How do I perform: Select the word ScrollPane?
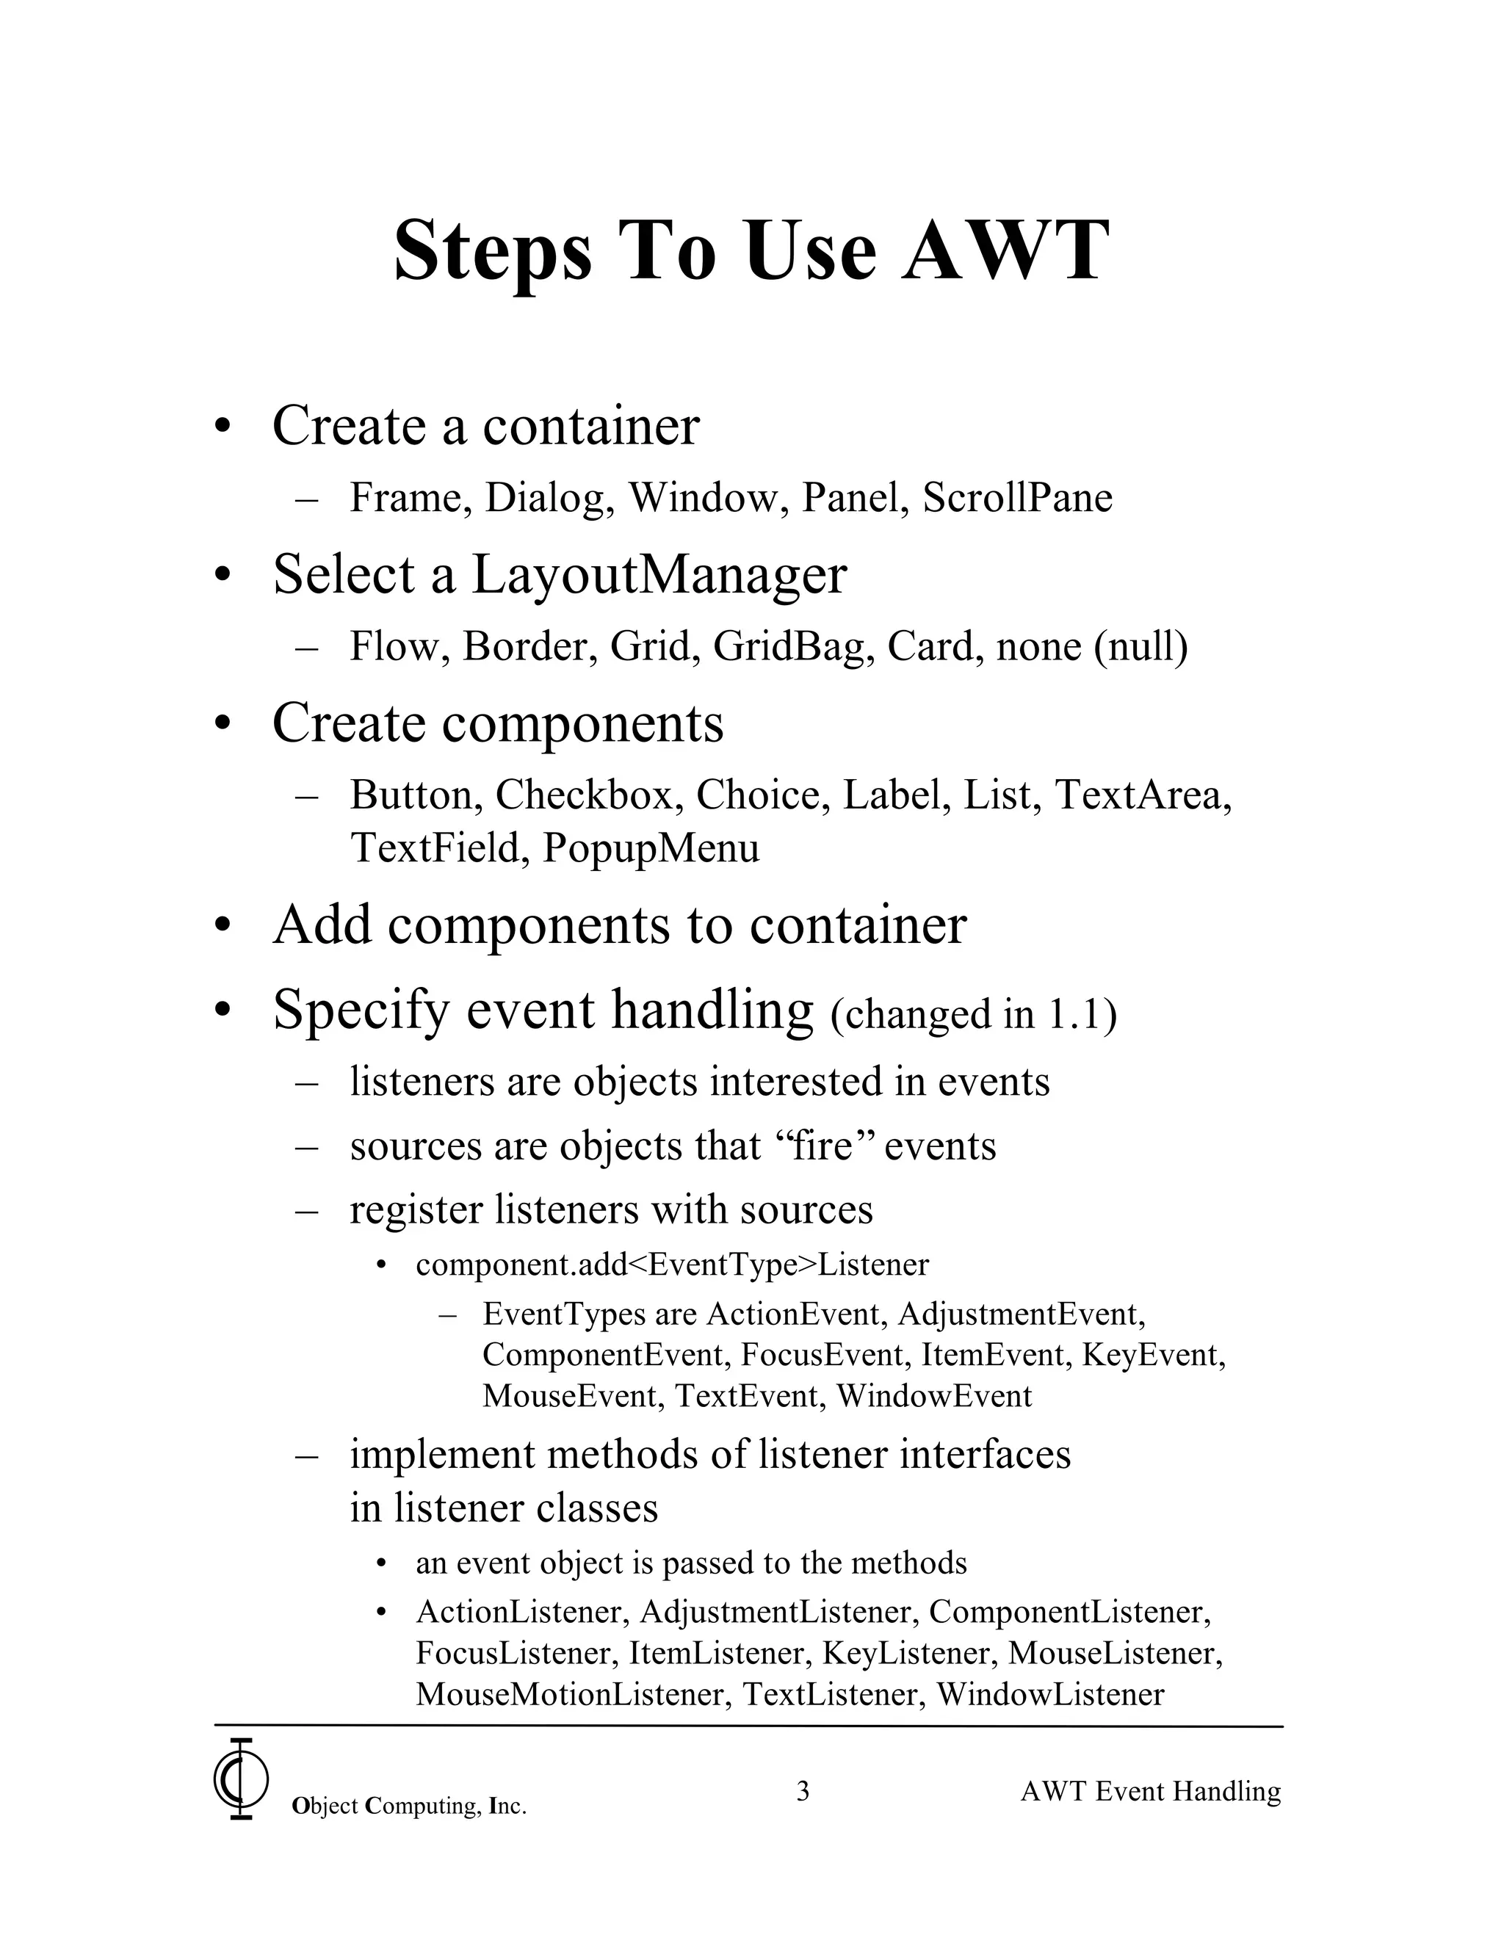click(1018, 497)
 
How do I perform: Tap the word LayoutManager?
click(659, 575)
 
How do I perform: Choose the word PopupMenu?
click(651, 847)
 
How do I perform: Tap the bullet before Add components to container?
click(222, 926)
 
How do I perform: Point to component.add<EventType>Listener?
click(672, 1265)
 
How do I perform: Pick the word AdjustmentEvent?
click(1021, 1314)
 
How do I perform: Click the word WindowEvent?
click(934, 1395)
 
